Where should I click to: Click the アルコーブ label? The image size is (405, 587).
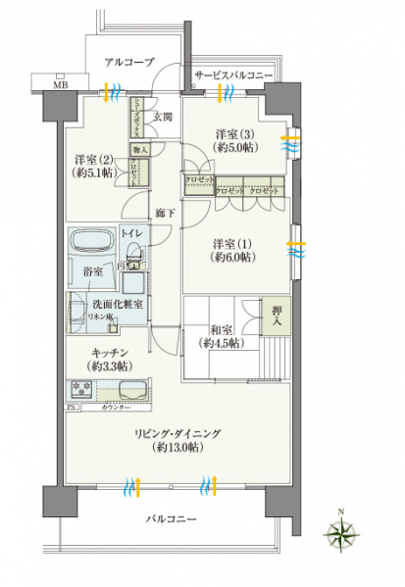pyautogui.click(x=129, y=62)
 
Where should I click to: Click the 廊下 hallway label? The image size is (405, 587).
pyautogui.click(x=164, y=212)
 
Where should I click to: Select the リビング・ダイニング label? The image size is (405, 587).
pyautogui.click(x=177, y=432)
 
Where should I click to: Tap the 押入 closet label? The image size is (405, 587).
pyautogui.click(x=277, y=313)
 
